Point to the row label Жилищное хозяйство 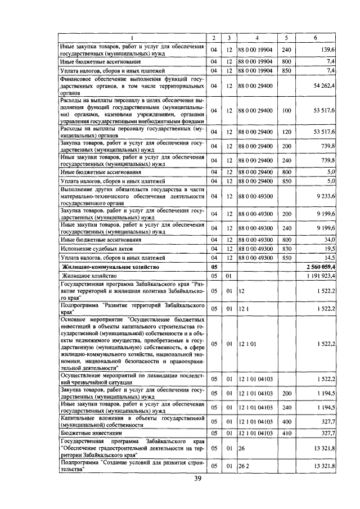click(88, 276)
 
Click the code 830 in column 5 click(286, 248)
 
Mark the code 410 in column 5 click(286, 433)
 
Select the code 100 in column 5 click(286, 111)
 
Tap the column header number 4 click(256, 38)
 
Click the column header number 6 click(318, 38)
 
